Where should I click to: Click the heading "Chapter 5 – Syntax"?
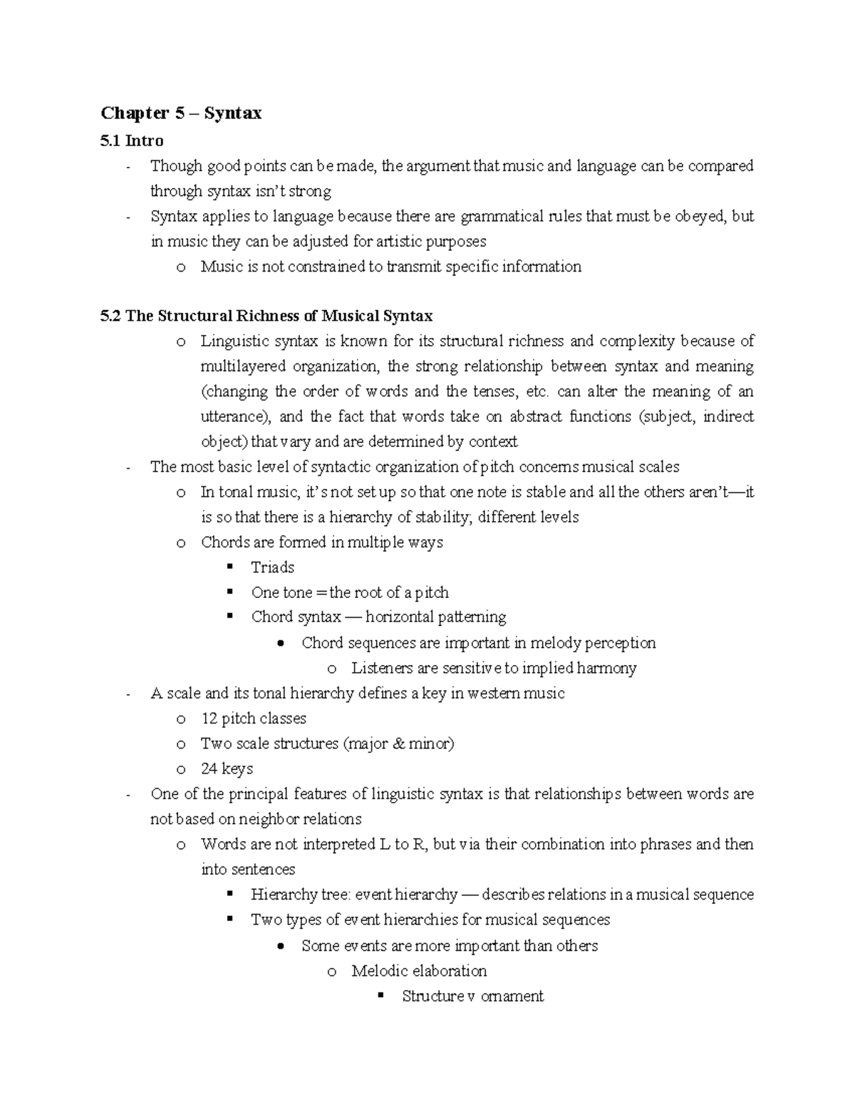[181, 113]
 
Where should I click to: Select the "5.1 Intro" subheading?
[133, 140]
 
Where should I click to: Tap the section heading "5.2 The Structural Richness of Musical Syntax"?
[267, 316]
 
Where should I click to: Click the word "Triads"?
[272, 567]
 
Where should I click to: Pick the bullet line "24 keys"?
[227, 768]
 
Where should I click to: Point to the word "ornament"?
[512, 996]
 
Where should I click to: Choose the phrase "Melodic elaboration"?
[419, 971]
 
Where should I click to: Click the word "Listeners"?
[382, 668]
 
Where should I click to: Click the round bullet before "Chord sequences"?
[283, 643]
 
